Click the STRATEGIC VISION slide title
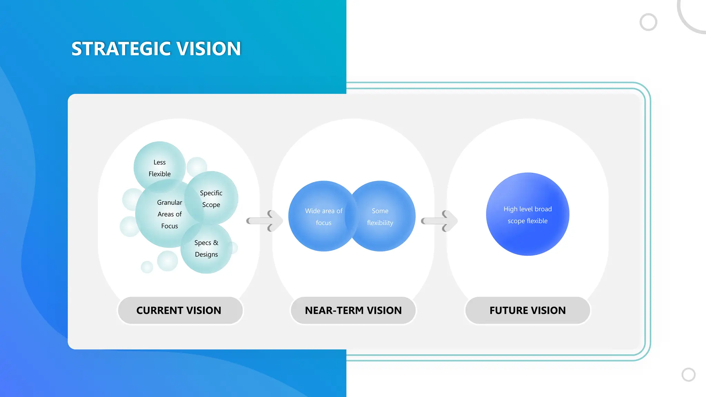point(156,49)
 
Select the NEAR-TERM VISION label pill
point(353,310)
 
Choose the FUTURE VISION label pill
point(527,310)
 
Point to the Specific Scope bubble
point(211,198)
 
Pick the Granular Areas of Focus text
point(169,214)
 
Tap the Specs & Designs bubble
point(206,248)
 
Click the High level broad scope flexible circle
point(527,214)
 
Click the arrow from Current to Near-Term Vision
point(265,221)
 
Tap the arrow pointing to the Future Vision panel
point(440,221)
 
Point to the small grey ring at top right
point(648,22)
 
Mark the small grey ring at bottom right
point(688,375)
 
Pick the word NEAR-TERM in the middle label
point(334,310)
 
